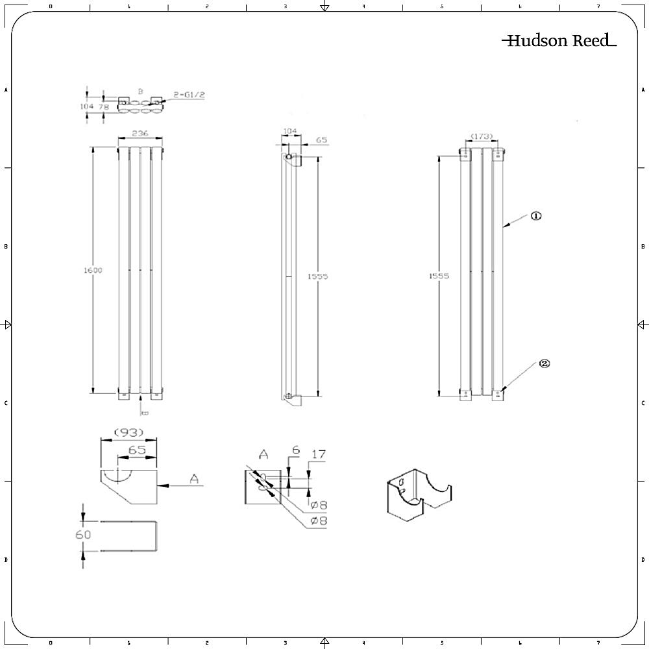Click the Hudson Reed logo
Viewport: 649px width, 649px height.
click(x=558, y=41)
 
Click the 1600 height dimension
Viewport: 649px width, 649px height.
click(x=93, y=271)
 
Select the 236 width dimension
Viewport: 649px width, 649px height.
click(x=140, y=133)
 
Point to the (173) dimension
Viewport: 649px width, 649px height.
click(x=482, y=136)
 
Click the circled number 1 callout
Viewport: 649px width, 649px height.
click(x=536, y=216)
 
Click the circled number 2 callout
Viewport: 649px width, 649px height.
click(x=544, y=364)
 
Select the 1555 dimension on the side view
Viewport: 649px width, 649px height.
click(x=317, y=276)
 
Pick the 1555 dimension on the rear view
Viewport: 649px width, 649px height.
click(x=439, y=276)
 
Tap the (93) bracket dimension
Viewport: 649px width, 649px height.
click(x=128, y=432)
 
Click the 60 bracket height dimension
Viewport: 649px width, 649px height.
click(x=83, y=535)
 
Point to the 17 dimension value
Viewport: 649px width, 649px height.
click(x=318, y=455)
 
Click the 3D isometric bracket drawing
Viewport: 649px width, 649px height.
click(x=418, y=495)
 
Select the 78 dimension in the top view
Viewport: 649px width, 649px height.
click(x=104, y=106)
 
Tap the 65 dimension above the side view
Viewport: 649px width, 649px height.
click(x=321, y=140)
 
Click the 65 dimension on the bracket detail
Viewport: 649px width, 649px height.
click(x=136, y=450)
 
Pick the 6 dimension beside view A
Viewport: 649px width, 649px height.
click(x=295, y=450)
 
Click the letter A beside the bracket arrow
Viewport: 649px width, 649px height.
click(x=193, y=479)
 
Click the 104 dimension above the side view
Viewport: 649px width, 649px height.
click(x=290, y=131)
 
